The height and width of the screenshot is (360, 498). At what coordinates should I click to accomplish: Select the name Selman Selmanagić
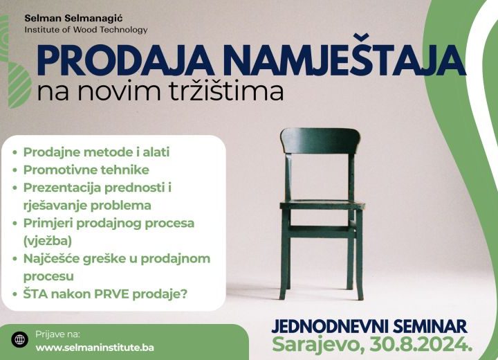point(73,19)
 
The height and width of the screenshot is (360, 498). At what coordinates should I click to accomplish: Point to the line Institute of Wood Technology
point(86,30)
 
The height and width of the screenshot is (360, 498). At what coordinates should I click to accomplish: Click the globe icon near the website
point(19,339)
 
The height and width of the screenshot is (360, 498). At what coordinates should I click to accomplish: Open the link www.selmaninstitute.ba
point(95,348)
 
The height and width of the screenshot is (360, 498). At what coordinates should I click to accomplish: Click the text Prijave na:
point(57,334)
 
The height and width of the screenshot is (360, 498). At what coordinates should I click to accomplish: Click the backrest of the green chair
point(320,141)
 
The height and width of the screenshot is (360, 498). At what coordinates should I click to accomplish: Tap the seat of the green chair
point(322,205)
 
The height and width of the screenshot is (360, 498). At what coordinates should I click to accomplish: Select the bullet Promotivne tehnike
point(86,170)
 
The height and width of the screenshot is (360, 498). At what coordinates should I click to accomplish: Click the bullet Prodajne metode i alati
point(96,152)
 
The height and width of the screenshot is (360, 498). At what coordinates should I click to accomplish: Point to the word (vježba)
point(47,241)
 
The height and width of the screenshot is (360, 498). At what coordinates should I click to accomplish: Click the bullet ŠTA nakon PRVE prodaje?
point(105,294)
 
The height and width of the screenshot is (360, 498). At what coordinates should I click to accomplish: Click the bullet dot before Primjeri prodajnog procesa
point(15,223)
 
